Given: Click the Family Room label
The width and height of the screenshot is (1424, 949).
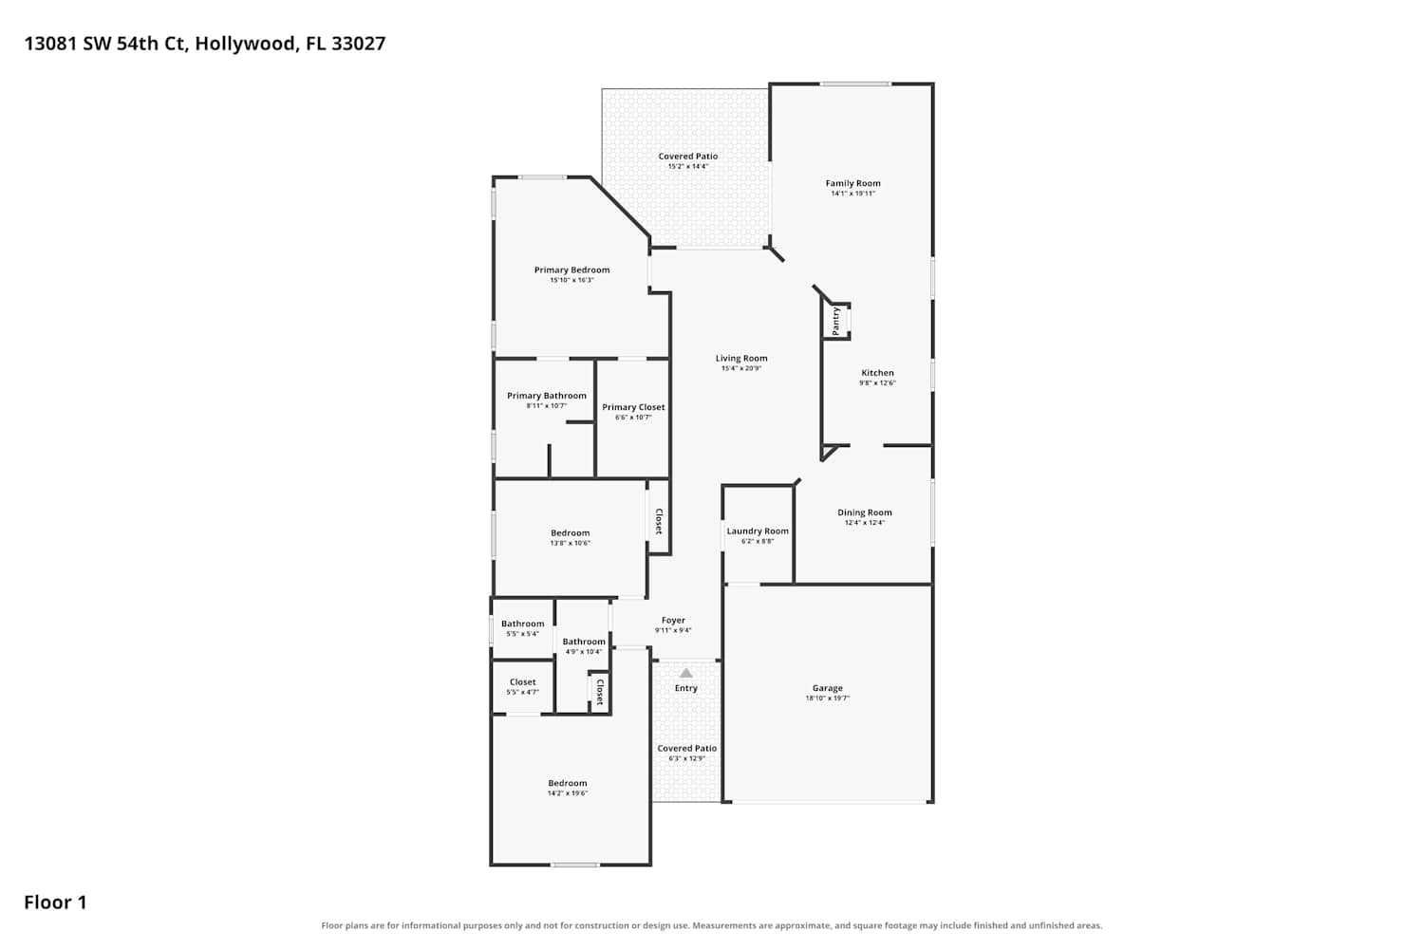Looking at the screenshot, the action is click(x=853, y=183).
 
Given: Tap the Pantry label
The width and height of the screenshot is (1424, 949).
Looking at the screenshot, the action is click(x=836, y=321).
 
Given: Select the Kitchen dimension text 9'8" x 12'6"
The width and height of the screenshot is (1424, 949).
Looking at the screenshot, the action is click(x=877, y=382).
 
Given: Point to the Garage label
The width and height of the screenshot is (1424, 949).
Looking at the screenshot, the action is click(x=827, y=688).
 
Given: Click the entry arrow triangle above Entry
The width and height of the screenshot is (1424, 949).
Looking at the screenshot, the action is click(x=686, y=673).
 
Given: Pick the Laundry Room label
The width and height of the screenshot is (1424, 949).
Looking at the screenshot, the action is click(x=758, y=530).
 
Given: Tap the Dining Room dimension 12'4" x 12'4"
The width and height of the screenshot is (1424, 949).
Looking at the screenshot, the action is click(x=865, y=523).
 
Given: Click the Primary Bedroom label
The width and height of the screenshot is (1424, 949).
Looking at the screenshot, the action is click(x=571, y=270).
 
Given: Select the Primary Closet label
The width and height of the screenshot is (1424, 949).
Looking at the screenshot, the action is click(x=633, y=407).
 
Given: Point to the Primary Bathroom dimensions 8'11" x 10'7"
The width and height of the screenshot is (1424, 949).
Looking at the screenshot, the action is click(x=547, y=405).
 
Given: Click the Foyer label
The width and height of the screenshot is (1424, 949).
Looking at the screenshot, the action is click(x=673, y=620).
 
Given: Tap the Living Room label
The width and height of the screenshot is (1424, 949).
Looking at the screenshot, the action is click(x=741, y=358).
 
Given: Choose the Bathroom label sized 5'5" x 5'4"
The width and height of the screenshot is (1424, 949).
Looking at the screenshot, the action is click(x=522, y=623).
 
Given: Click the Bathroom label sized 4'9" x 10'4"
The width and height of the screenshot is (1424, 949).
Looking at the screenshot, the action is click(x=584, y=642).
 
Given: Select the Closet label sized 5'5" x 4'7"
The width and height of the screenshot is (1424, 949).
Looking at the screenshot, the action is click(x=522, y=682).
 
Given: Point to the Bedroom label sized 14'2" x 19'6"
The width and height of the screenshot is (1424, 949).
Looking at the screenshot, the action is click(x=568, y=783).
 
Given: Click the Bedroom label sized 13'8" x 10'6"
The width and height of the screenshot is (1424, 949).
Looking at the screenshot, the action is click(x=571, y=532).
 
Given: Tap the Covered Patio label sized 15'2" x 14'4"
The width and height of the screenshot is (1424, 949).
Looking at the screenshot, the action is click(x=688, y=156).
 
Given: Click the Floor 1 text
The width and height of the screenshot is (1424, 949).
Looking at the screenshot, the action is click(x=55, y=902).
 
